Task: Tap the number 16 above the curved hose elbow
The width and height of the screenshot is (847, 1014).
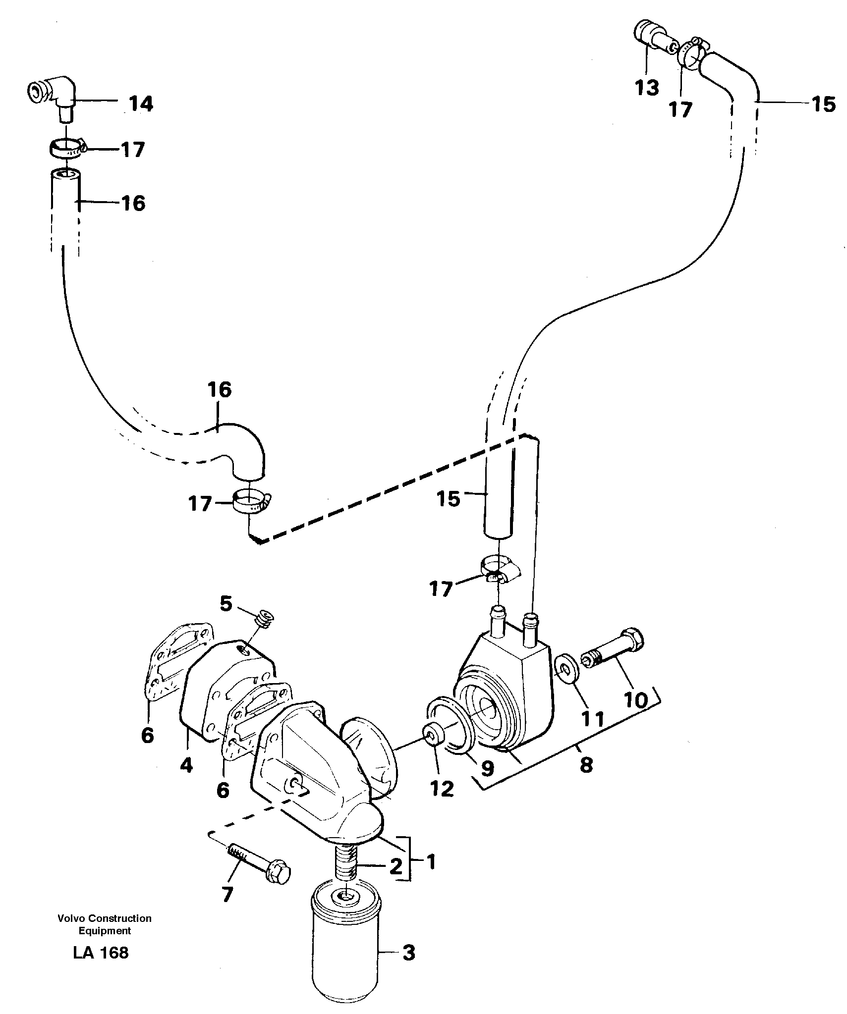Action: [220, 390]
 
